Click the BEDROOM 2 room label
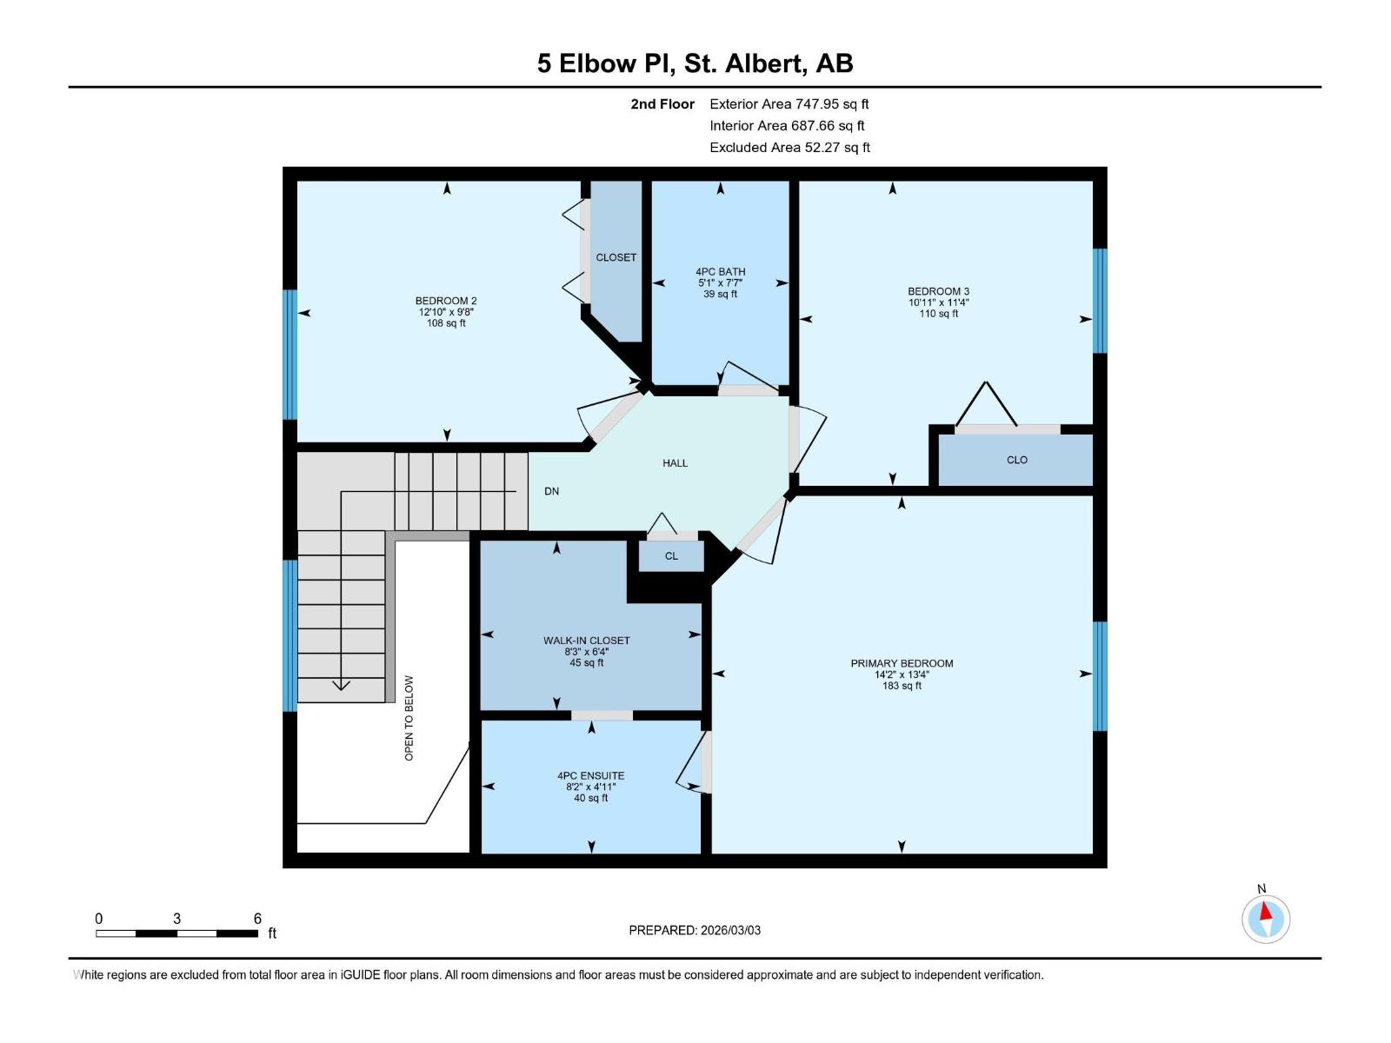coord(446,301)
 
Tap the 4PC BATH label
coord(720,271)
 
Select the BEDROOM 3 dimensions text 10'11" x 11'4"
coord(938,302)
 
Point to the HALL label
coord(675,463)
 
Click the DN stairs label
coord(551,491)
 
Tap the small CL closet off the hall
coord(671,556)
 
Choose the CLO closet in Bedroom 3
coord(1016,460)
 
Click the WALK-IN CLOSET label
coord(587,641)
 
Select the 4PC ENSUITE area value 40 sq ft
coord(590,798)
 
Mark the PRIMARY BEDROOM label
coord(902,663)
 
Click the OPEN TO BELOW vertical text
coord(409,718)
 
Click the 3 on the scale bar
coord(177,918)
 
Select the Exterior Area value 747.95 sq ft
coord(832,103)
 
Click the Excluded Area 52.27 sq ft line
coord(789,147)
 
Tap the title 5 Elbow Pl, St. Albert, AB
coord(695,63)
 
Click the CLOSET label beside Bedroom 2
coord(616,257)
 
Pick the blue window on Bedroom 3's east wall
coord(1100,301)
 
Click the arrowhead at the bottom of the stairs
coord(341,686)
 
